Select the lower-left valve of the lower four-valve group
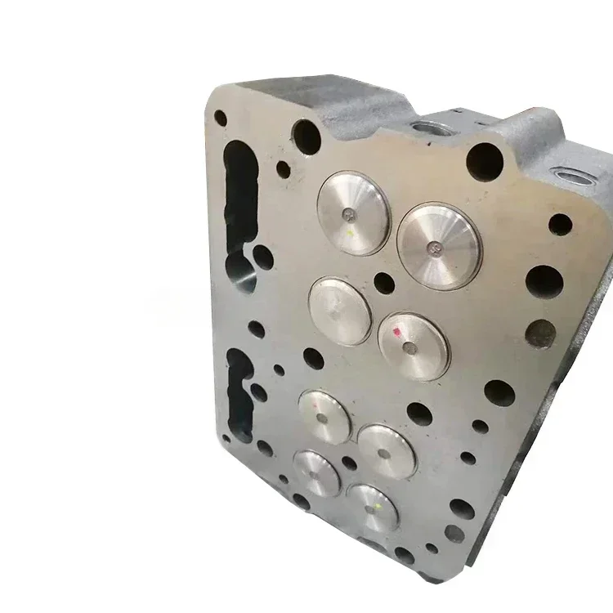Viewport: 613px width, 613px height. [316, 473]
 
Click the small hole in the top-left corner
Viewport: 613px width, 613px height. [221, 118]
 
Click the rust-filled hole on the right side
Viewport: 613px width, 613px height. [541, 331]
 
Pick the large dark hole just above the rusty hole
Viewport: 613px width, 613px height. [544, 281]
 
